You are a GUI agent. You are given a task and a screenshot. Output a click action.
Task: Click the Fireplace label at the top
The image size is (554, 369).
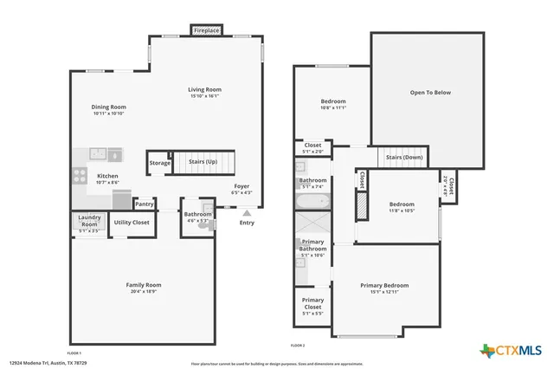tap(206, 30)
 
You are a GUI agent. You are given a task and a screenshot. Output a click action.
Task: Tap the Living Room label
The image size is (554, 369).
tap(206, 89)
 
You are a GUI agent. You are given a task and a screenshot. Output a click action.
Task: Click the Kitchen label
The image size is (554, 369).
tap(107, 176)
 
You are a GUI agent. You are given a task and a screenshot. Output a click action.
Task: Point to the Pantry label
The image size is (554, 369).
tap(144, 204)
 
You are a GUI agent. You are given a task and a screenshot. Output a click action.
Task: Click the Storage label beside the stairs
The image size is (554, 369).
tap(159, 163)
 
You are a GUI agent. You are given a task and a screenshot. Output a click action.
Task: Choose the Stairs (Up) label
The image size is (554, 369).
tap(203, 161)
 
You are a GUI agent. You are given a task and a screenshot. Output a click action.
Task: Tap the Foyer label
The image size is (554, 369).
tap(242, 185)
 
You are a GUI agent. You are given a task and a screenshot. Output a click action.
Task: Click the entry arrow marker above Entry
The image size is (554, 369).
tap(248, 211)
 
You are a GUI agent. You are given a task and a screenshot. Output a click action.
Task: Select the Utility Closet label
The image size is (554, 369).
tap(132, 223)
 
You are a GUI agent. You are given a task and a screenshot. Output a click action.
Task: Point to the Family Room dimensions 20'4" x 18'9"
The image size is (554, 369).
tap(144, 292)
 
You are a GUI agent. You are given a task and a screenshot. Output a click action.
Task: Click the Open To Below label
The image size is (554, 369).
tap(430, 93)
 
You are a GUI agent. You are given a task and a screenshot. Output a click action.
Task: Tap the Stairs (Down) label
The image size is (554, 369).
tap(404, 158)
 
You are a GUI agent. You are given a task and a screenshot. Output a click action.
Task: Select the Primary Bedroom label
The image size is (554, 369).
tap(384, 285)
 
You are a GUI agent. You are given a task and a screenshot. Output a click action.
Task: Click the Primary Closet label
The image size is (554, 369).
tap(312, 303)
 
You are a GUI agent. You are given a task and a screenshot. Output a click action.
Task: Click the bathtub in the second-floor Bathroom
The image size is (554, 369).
tap(312, 202)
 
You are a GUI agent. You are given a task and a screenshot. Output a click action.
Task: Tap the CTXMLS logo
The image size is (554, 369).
tap(512, 350)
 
